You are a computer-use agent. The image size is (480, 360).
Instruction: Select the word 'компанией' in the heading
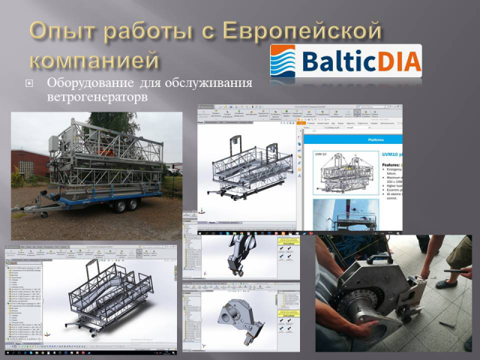[x=95, y=60]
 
